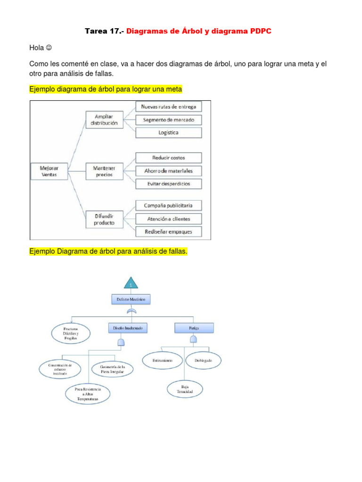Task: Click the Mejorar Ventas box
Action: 49,171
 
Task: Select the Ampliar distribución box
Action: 106,120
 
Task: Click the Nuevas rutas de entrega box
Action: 169,107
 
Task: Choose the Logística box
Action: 169,133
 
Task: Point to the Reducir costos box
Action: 169,158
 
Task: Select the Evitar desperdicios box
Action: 169,184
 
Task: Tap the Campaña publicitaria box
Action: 169,206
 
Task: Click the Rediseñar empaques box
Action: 169,232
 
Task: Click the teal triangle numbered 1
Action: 131,282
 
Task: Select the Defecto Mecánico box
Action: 131,299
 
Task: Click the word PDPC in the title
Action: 259,31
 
